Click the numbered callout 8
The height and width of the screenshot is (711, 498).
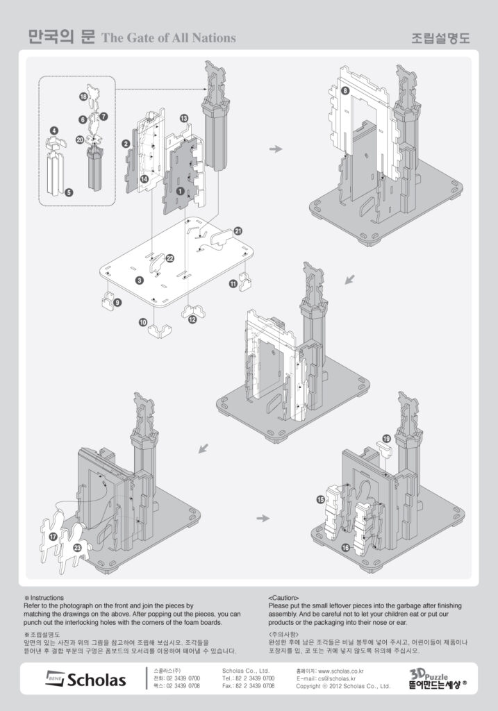pyautogui.click(x=345, y=91)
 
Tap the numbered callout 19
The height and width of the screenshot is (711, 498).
pyautogui.click(x=386, y=439)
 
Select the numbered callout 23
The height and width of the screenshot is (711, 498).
pyautogui.click(x=78, y=549)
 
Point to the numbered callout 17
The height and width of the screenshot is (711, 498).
pyautogui.click(x=53, y=537)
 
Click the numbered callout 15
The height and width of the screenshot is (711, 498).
pyautogui.click(x=320, y=499)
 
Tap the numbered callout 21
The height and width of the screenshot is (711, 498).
pyautogui.click(x=238, y=231)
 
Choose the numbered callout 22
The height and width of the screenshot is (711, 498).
pyautogui.click(x=169, y=258)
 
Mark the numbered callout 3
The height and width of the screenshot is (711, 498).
pyautogui.click(x=140, y=281)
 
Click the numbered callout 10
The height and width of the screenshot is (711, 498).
pyautogui.click(x=142, y=323)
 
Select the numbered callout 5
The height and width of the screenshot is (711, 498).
pyautogui.click(x=69, y=193)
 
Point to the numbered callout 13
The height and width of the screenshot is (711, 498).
pyautogui.click(x=183, y=119)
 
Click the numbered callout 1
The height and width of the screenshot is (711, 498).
pyautogui.click(x=180, y=190)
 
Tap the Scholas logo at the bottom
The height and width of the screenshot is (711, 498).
pyautogui.click(x=86, y=678)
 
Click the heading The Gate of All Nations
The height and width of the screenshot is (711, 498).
pyautogui.click(x=169, y=37)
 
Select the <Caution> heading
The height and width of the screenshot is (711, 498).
pyautogui.click(x=283, y=597)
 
